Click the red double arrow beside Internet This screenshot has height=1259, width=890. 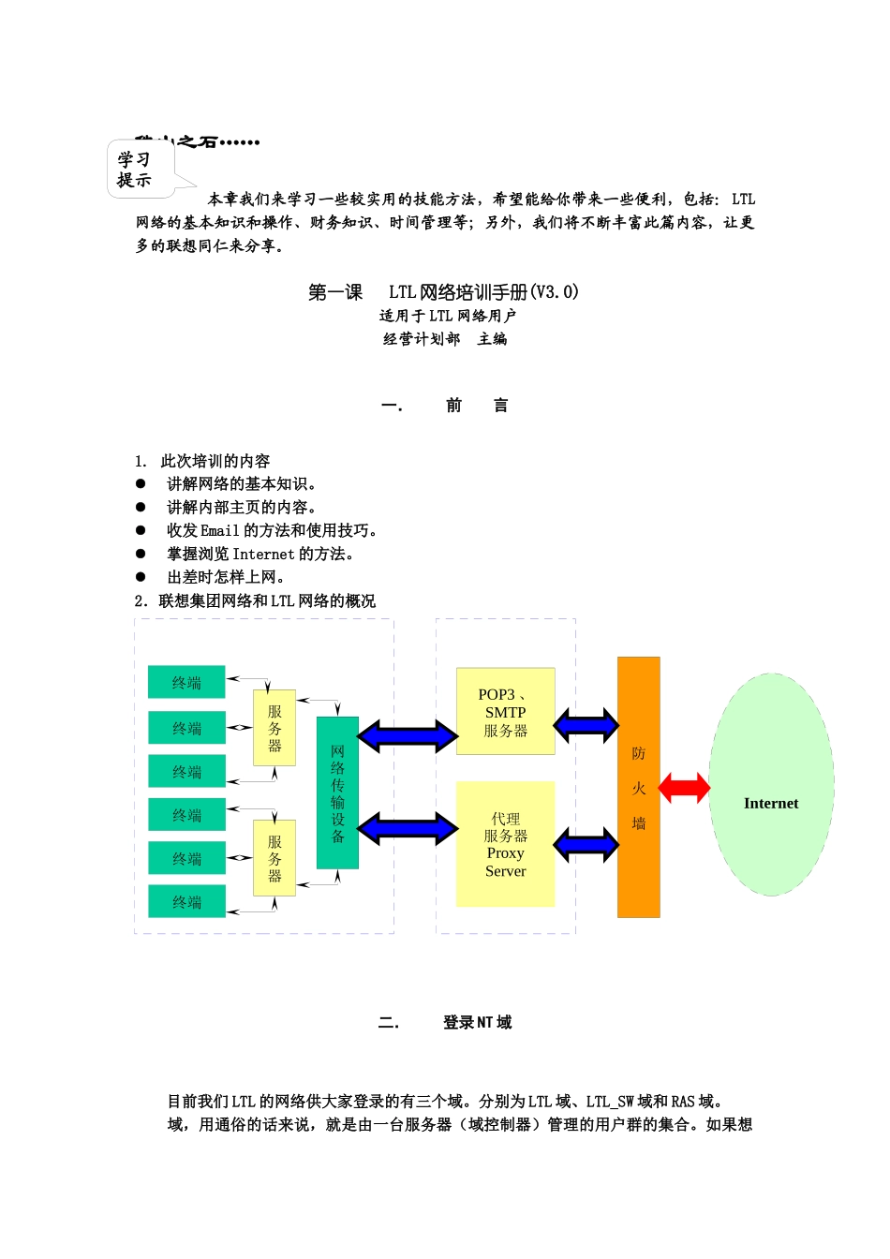(x=685, y=788)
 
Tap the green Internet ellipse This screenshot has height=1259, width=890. (x=771, y=785)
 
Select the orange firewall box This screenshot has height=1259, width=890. (x=639, y=787)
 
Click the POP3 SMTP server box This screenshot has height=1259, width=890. (x=506, y=711)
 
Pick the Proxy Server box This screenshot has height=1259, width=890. (x=506, y=844)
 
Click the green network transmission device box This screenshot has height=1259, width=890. (x=337, y=792)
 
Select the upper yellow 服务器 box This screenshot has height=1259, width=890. (x=274, y=728)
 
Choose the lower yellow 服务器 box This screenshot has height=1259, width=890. (x=274, y=858)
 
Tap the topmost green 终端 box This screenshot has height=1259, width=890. (x=186, y=682)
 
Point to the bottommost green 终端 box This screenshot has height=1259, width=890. (x=186, y=901)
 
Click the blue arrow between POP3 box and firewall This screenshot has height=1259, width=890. (x=586, y=724)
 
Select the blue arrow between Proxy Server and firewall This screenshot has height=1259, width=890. (x=586, y=845)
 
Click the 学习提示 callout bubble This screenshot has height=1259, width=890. (x=141, y=170)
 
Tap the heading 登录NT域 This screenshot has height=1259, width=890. (x=477, y=1022)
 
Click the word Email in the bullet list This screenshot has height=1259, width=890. (x=220, y=530)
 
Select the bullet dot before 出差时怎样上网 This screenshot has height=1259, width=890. (x=141, y=577)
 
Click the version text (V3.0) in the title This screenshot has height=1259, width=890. (x=555, y=291)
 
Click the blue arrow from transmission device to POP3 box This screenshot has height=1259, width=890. (x=408, y=735)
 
